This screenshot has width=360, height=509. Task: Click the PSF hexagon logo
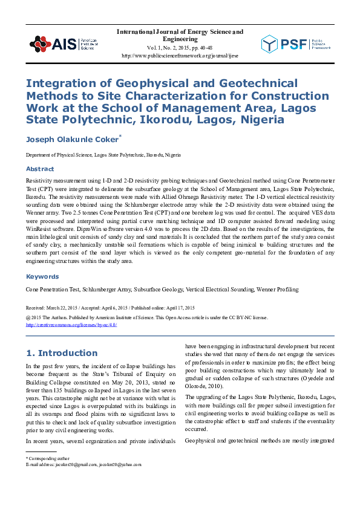(270, 44)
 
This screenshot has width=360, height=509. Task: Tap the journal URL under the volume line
(179, 55)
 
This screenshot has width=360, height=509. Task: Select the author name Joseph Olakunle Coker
(77, 140)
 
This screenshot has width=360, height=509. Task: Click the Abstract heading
(40, 169)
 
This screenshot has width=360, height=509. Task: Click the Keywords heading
(42, 276)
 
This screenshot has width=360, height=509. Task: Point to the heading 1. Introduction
(62, 352)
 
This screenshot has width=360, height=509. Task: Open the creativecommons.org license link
(71, 325)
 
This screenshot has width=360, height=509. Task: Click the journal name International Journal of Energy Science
(179, 31)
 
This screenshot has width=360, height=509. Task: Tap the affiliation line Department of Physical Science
(103, 155)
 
